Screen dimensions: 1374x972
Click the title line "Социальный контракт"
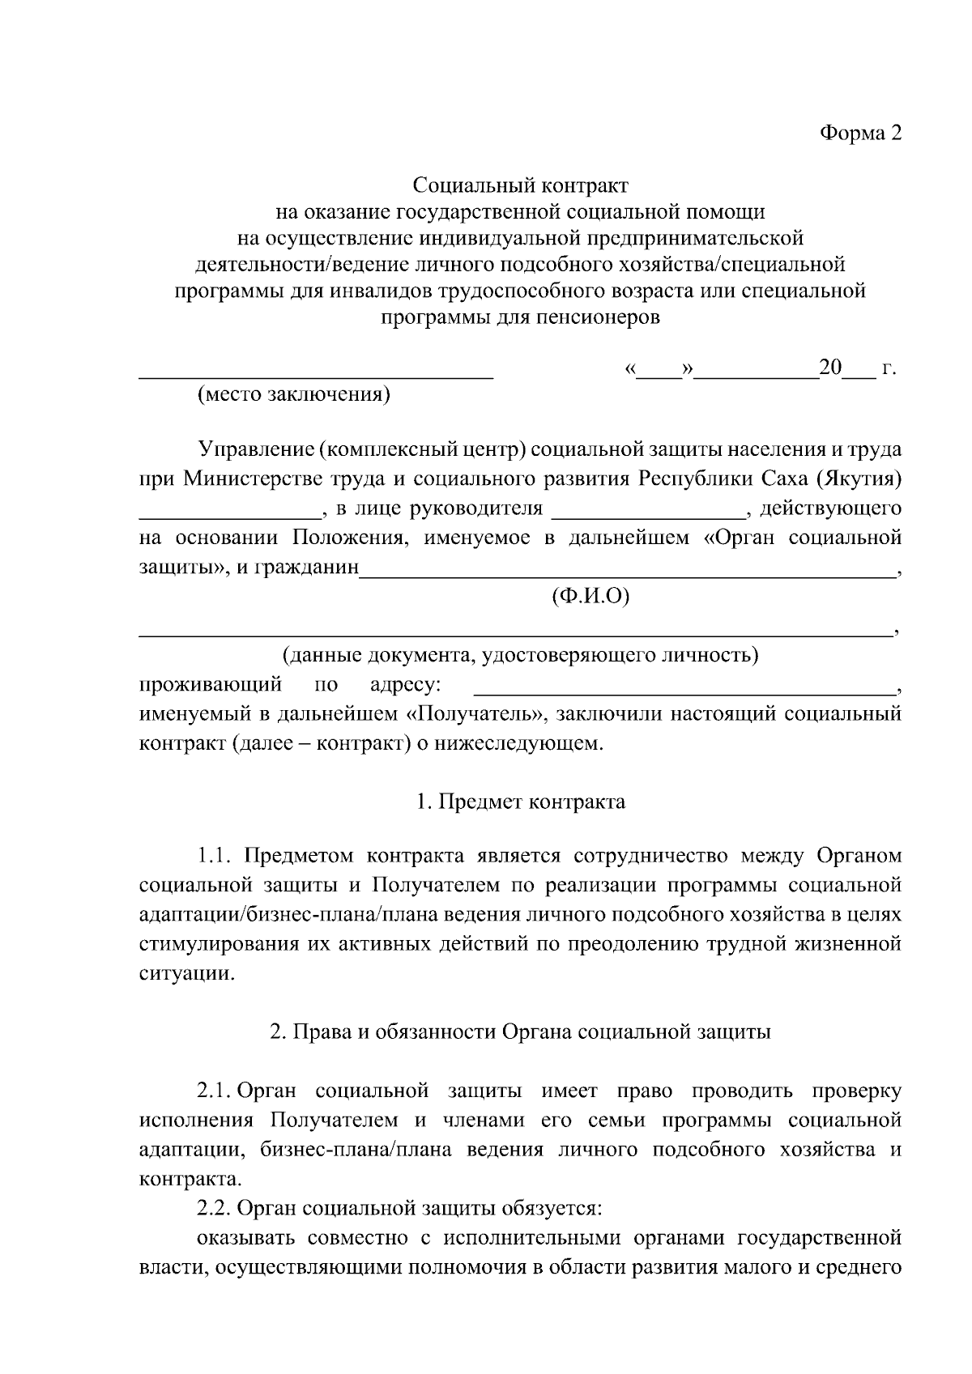[x=520, y=186]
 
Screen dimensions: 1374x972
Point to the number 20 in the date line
[x=830, y=368]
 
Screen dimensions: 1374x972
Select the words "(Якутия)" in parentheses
[x=861, y=479]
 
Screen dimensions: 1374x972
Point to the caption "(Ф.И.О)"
[x=590, y=598]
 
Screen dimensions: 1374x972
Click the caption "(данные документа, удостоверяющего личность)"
[x=520, y=655]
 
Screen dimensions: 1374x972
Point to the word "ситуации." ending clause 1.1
[x=187, y=974]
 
